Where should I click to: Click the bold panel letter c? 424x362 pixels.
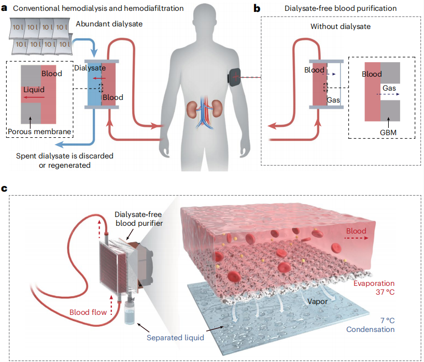tap(5, 189)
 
